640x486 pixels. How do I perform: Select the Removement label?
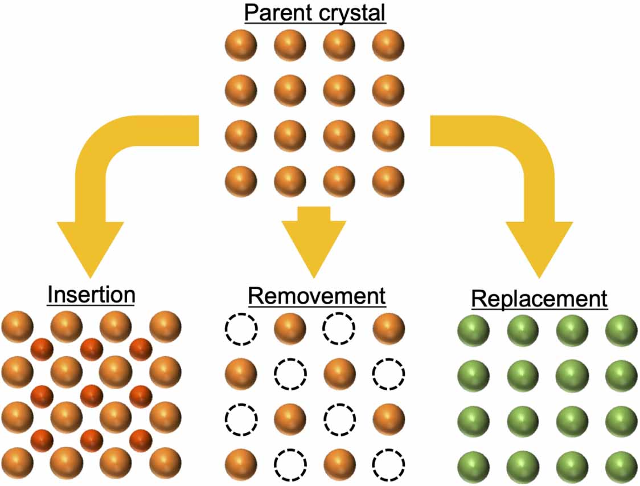coord(317,296)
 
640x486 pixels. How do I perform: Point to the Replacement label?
coord(539,299)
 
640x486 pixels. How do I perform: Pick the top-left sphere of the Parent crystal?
coord(241,44)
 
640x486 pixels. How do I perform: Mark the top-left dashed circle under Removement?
coord(241,328)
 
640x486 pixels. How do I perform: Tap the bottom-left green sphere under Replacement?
coord(474,468)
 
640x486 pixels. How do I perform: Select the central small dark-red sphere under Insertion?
coord(92,395)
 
